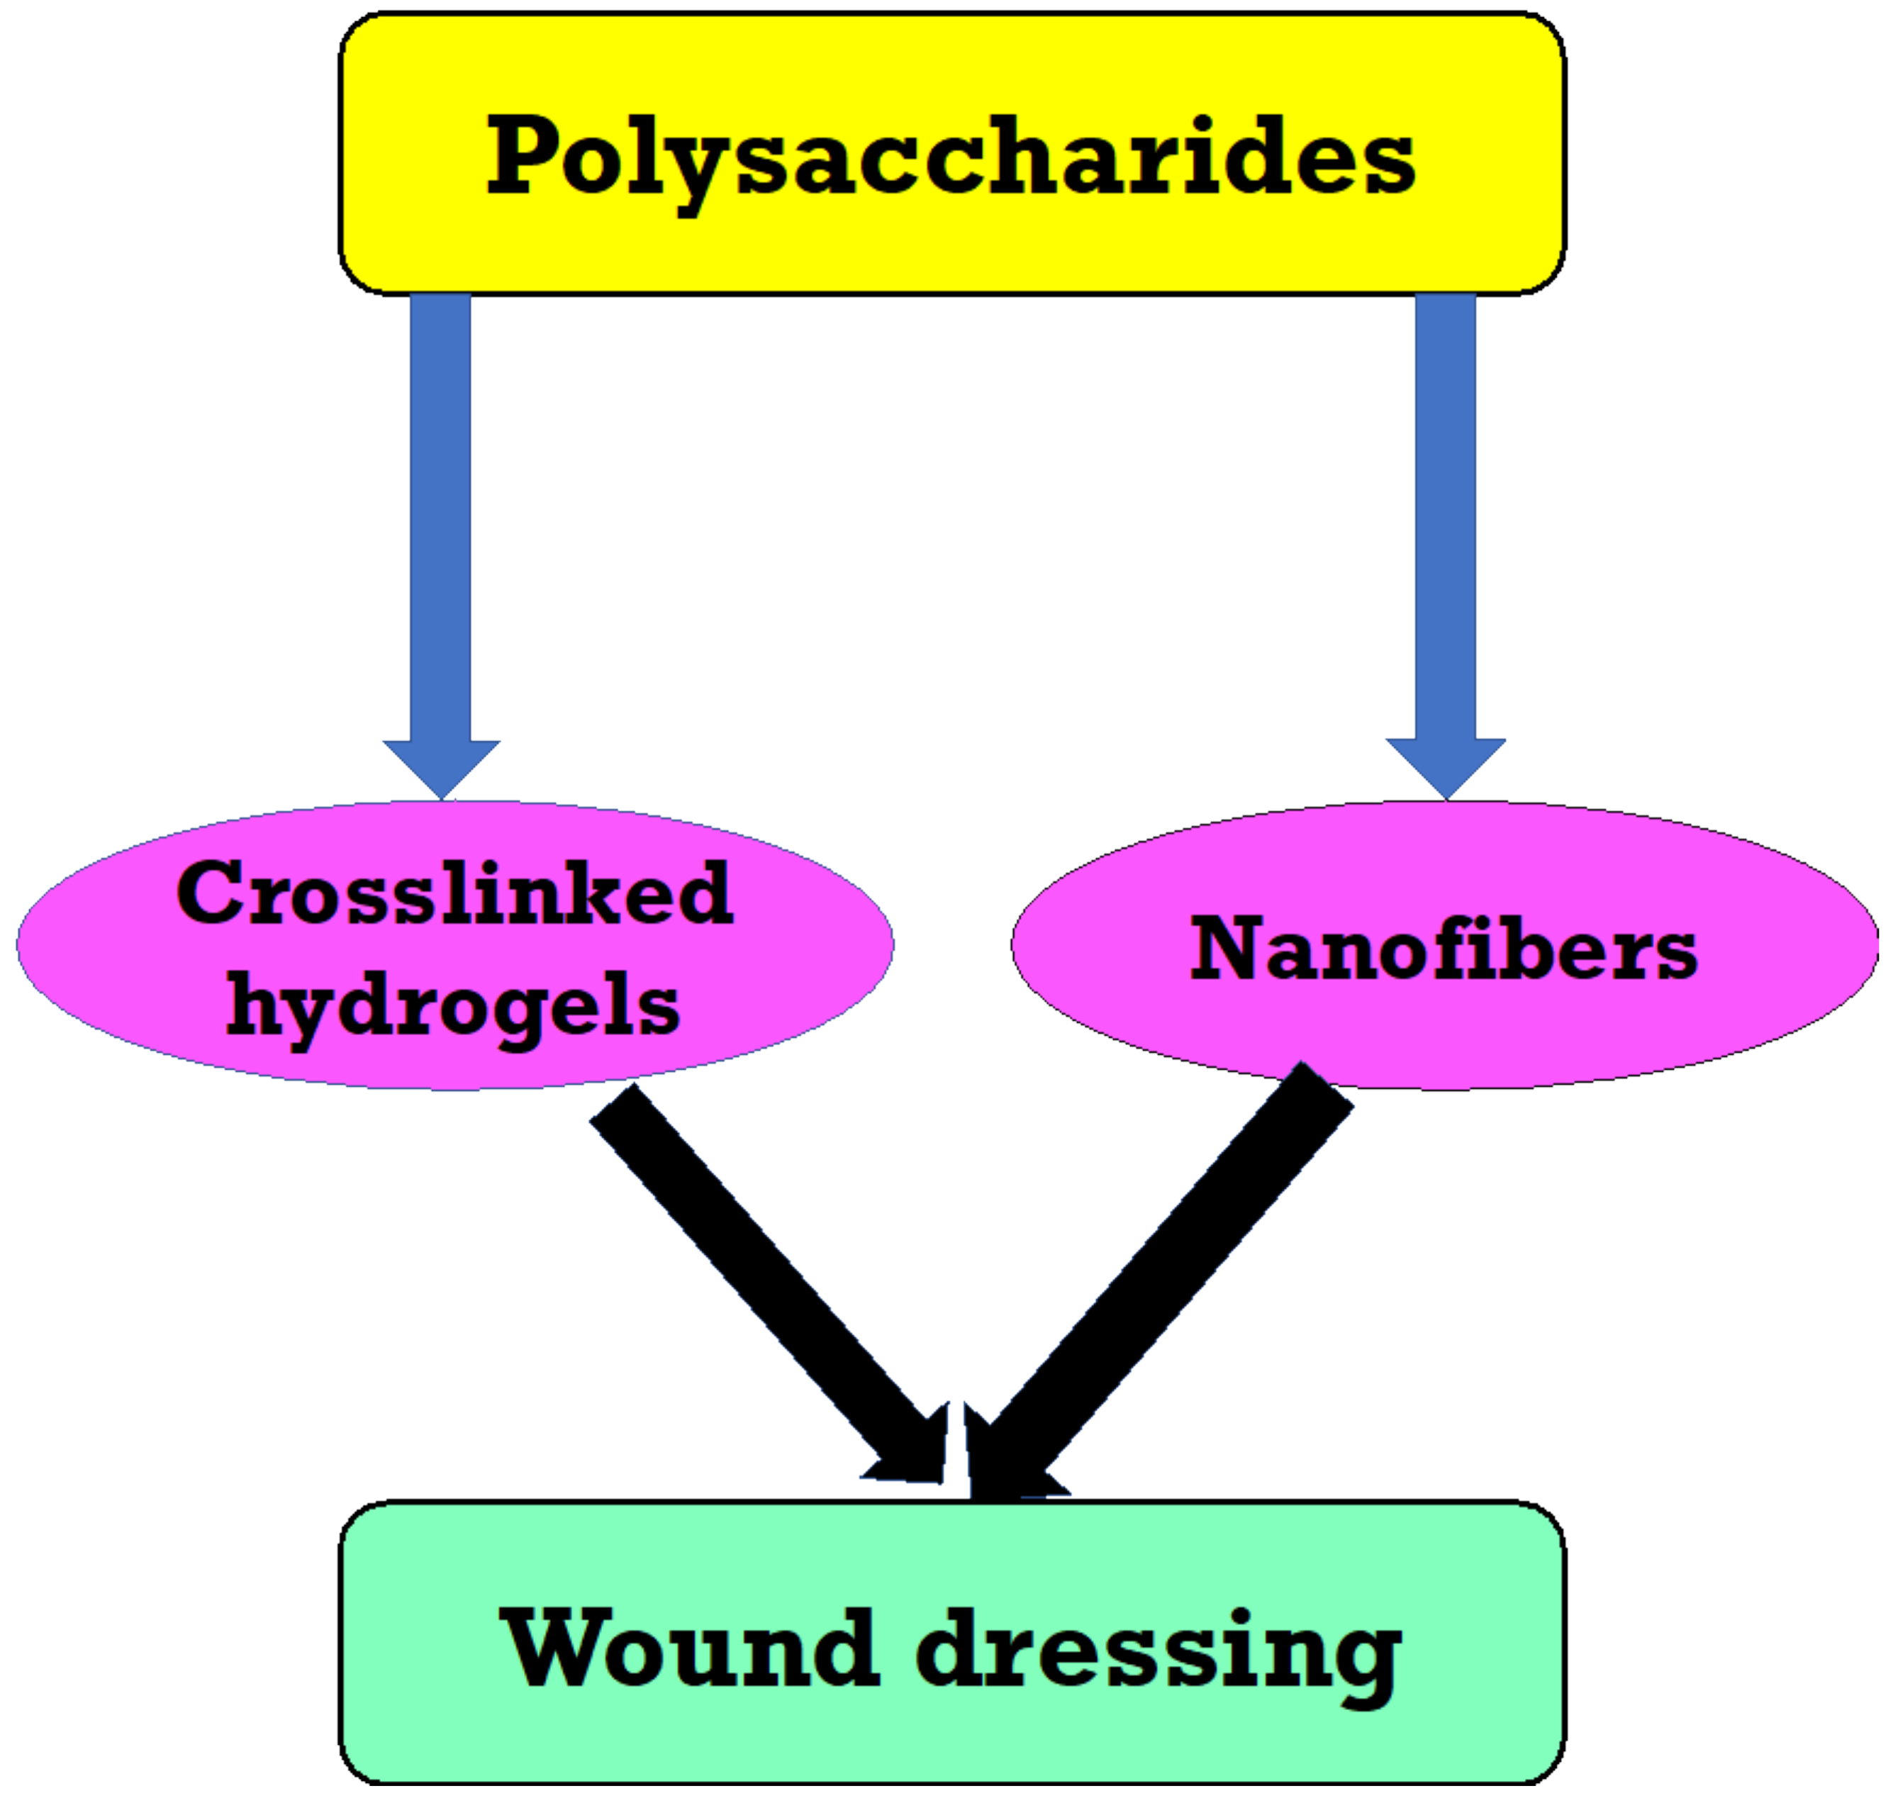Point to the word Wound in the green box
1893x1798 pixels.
(689, 1648)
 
